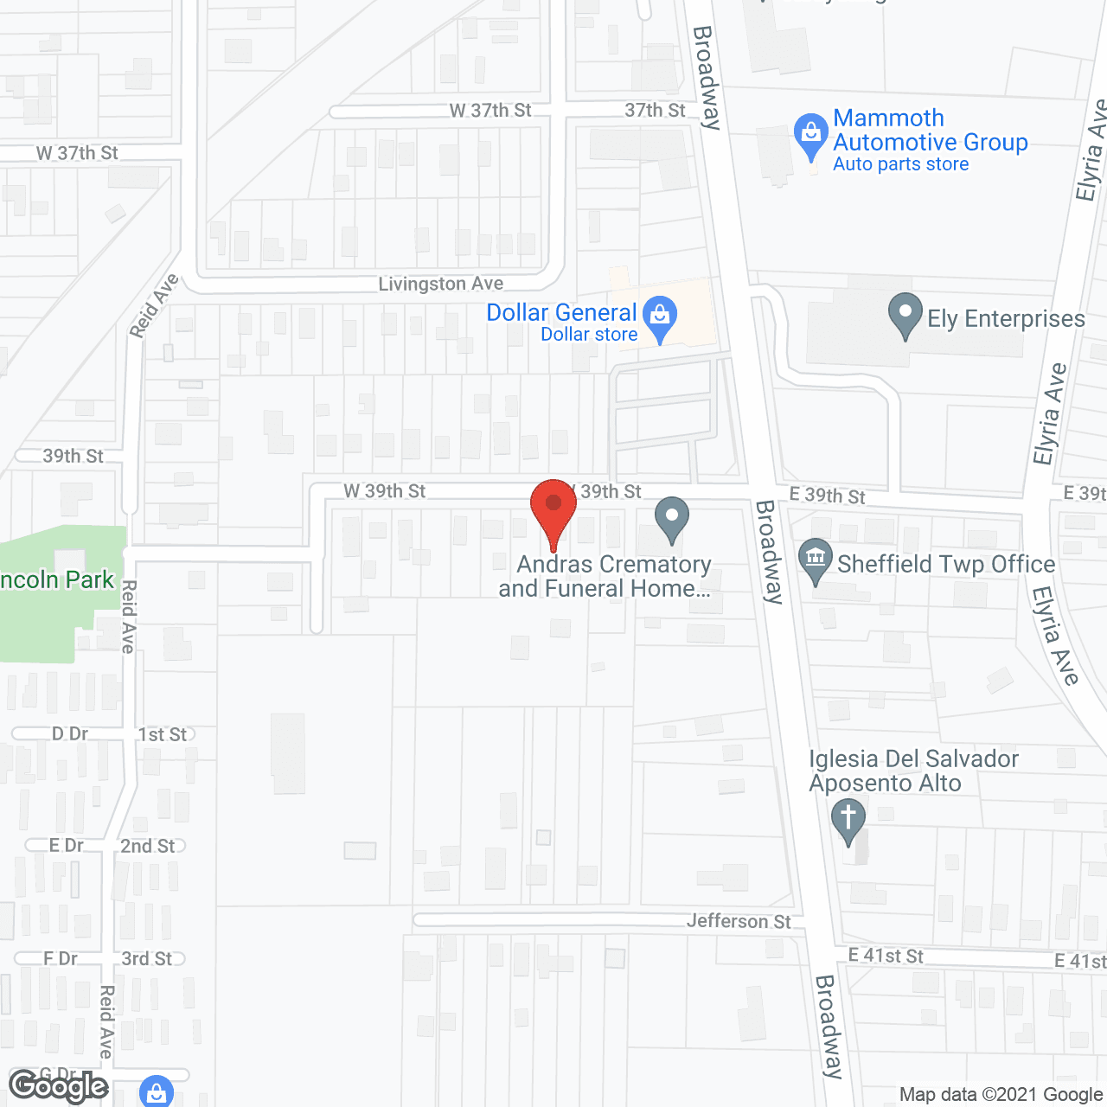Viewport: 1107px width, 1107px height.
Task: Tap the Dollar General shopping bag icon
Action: (x=661, y=317)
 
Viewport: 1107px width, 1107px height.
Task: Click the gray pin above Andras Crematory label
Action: (x=672, y=518)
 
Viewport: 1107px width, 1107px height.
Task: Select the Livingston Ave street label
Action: (x=441, y=284)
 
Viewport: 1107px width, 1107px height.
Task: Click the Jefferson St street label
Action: (x=739, y=921)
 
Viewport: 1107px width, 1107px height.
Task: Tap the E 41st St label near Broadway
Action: (x=886, y=956)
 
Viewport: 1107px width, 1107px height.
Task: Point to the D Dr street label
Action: (x=70, y=733)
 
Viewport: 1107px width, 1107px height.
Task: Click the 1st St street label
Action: (x=163, y=734)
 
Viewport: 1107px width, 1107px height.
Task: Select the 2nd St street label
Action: (x=148, y=846)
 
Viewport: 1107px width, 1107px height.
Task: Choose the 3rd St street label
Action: (x=147, y=958)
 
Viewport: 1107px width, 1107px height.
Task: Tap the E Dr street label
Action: (x=67, y=845)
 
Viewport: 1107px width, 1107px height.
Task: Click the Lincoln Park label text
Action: (x=57, y=579)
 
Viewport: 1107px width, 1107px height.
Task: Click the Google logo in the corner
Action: (x=59, y=1086)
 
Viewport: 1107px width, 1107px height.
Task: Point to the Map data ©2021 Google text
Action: (x=1001, y=1095)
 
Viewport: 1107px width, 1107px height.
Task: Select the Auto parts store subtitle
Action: (x=900, y=164)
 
